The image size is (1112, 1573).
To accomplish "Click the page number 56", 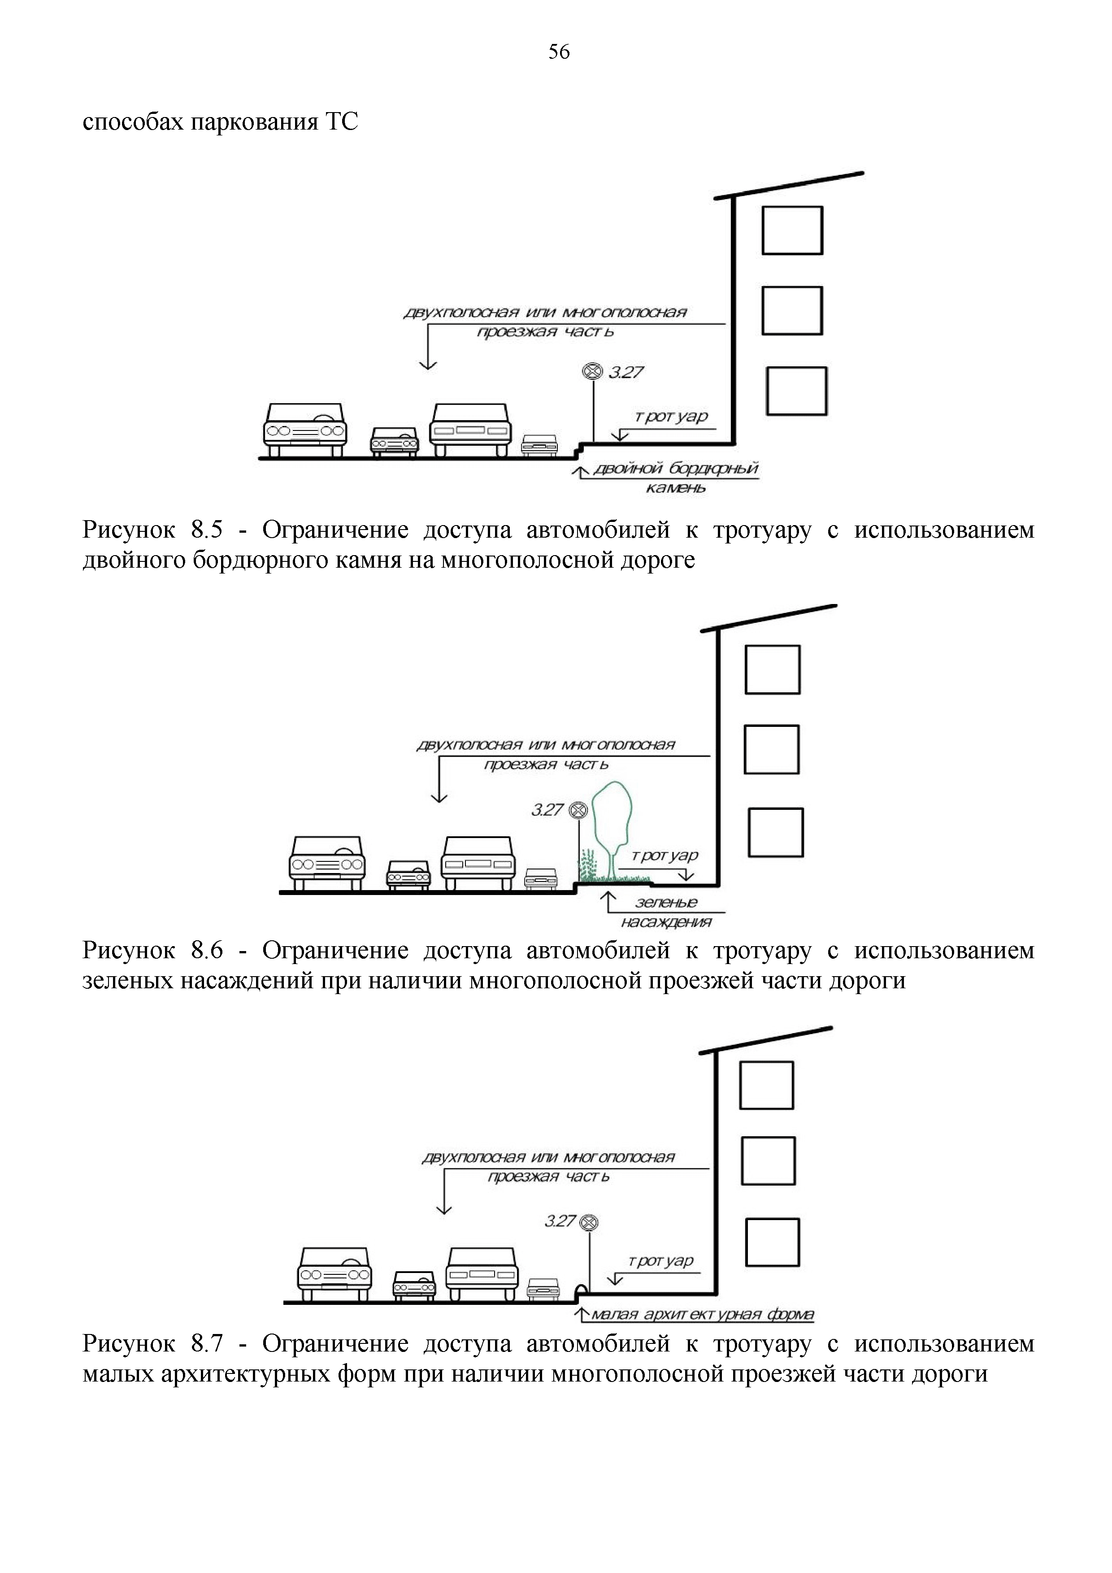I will [x=558, y=52].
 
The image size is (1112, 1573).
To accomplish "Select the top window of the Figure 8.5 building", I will [x=792, y=230].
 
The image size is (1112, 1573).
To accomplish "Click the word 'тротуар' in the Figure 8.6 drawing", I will [x=664, y=856].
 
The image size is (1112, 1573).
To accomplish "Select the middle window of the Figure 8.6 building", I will [x=772, y=749].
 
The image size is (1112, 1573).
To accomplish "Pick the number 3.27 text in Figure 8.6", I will [x=547, y=810].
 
